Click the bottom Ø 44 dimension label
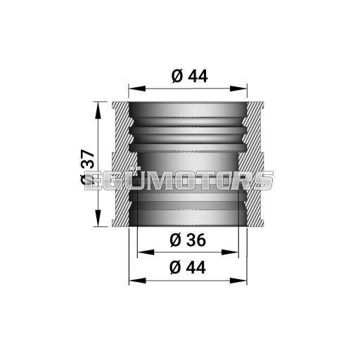188,267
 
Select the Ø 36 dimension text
188,240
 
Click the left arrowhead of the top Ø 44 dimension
134,89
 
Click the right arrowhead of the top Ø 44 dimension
243,89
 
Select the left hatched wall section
123,165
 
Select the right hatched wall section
254,165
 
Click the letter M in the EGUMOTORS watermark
169,180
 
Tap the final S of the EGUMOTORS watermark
263,180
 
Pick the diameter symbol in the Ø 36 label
176,240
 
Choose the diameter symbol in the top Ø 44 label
176,77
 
